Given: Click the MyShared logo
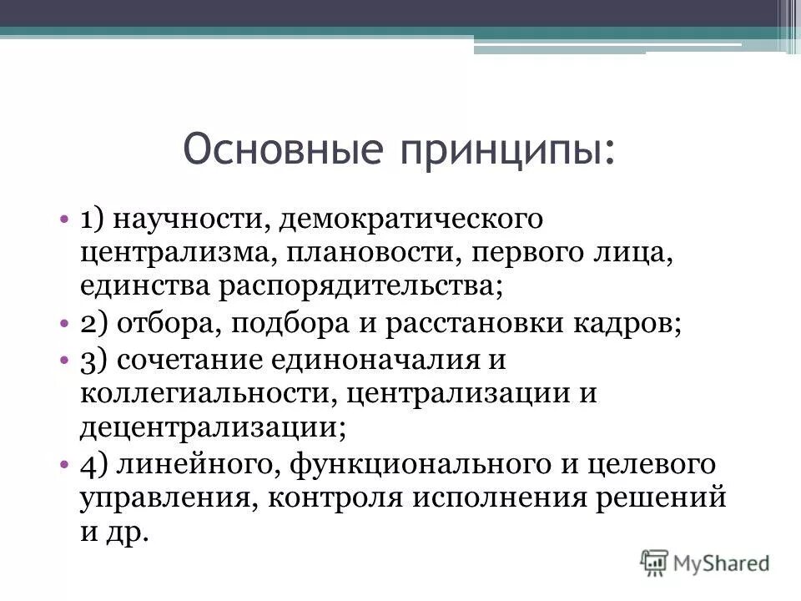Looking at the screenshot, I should [x=705, y=562].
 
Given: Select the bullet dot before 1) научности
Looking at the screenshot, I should [x=64, y=220].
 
